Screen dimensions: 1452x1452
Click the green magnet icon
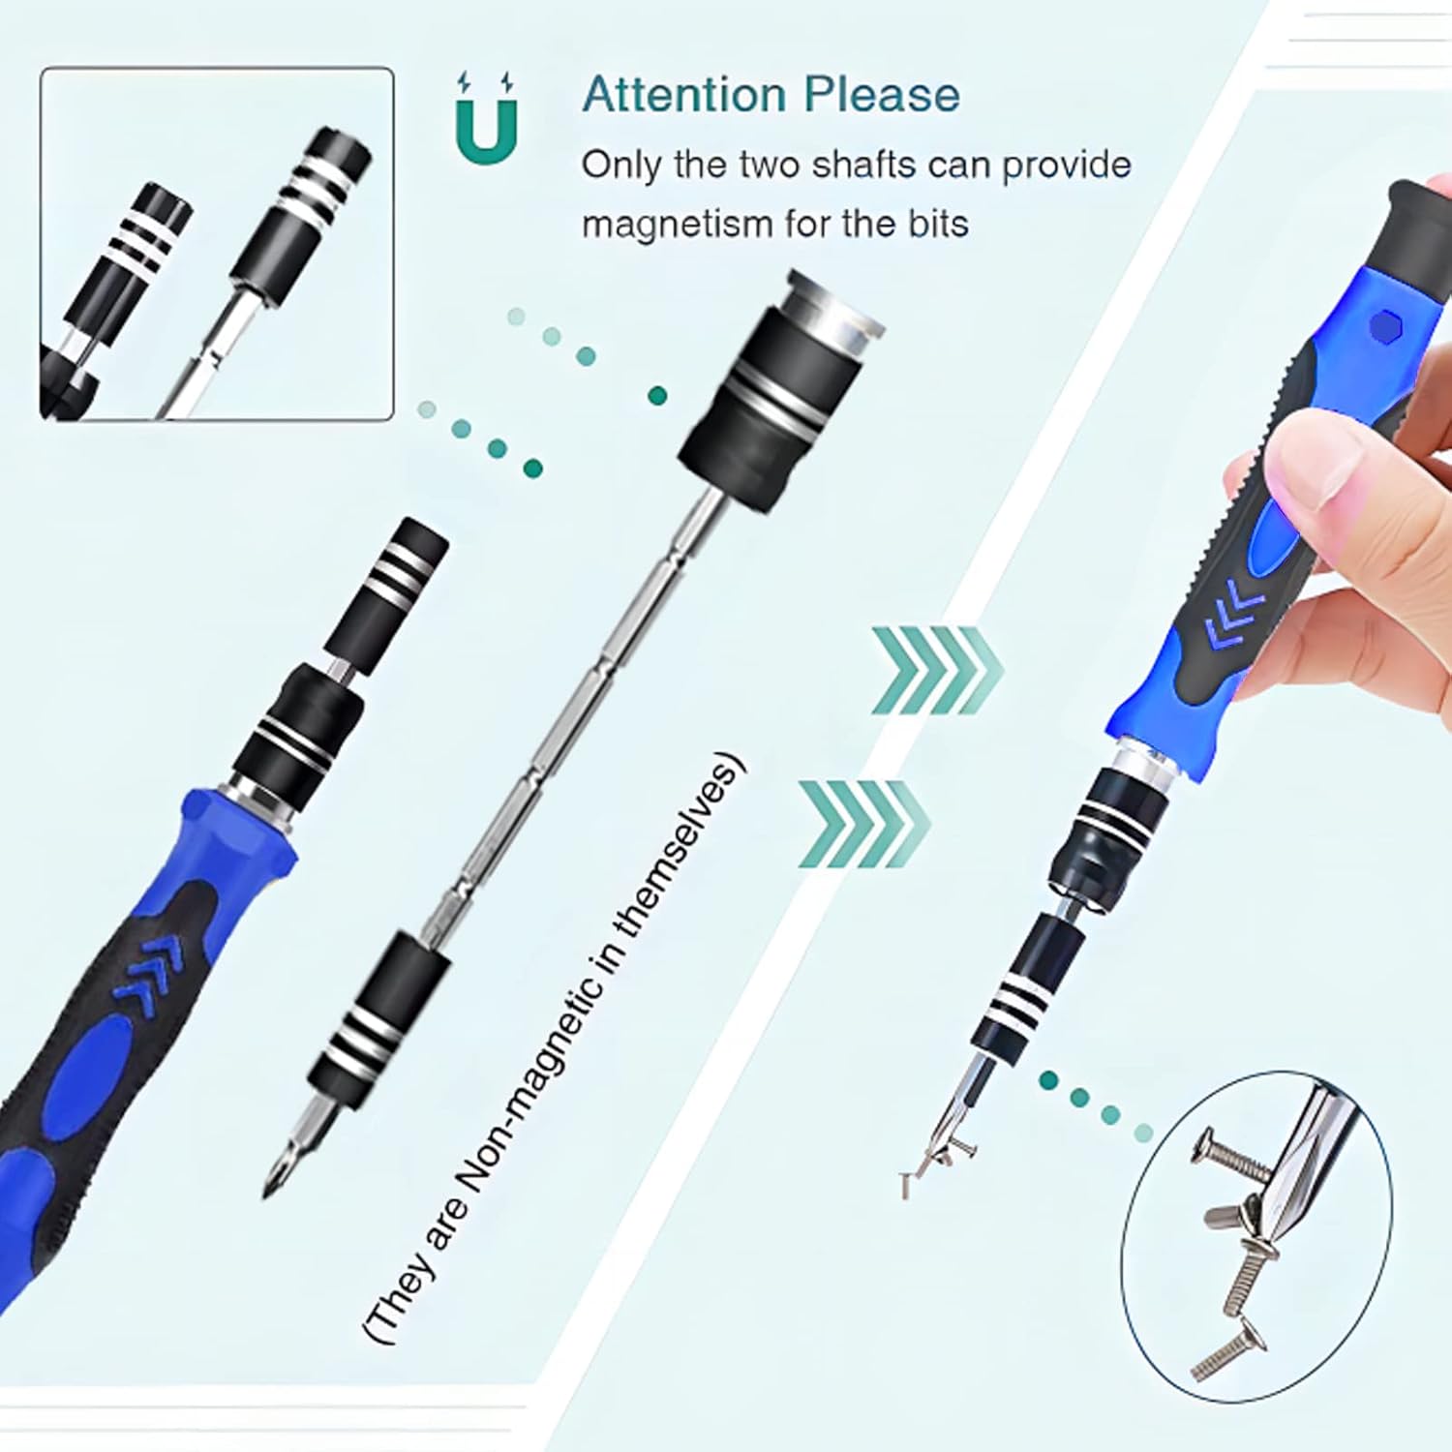tap(486, 120)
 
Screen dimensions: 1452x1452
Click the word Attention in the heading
tap(683, 95)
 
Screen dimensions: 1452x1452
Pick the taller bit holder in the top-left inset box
tap(303, 208)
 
